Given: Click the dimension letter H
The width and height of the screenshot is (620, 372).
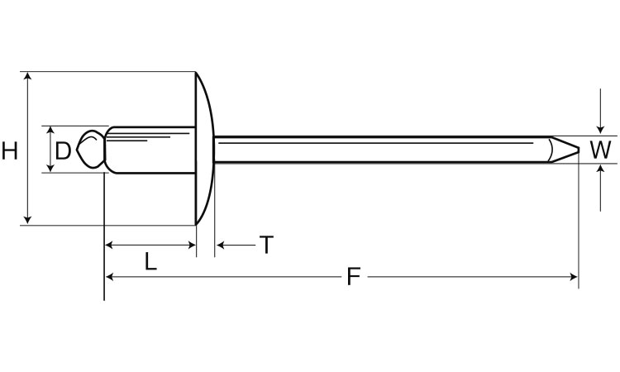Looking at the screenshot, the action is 9,150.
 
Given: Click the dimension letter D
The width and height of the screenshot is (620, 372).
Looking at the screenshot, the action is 63,150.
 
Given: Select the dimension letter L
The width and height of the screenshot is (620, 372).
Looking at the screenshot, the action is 150,261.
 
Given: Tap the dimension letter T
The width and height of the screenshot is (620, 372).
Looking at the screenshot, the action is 266,245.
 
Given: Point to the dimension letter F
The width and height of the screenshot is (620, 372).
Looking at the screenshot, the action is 354,276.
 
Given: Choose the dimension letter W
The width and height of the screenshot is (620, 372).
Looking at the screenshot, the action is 600,150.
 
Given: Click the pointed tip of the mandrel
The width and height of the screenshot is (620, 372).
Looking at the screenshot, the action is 579,150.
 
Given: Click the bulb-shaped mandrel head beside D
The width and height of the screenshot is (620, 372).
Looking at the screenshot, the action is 91,150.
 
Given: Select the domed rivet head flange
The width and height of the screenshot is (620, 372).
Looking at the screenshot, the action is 205,148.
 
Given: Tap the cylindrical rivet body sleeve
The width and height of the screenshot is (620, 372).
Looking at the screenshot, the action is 150,150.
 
